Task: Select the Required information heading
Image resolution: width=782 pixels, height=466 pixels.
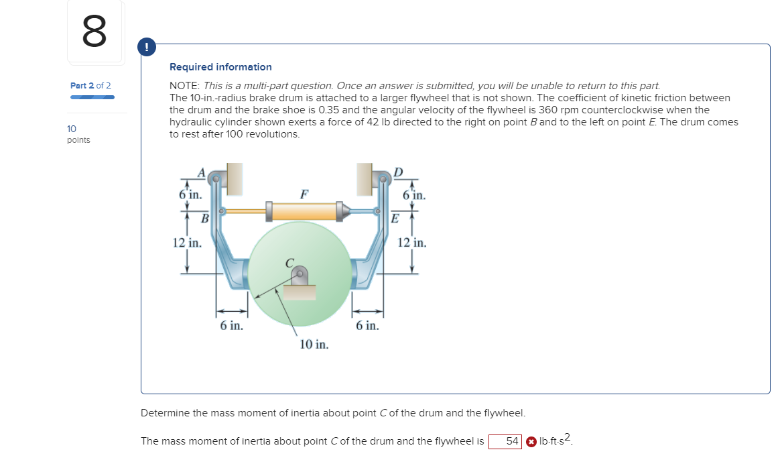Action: (220, 67)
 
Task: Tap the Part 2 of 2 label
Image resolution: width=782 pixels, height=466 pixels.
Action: (90, 86)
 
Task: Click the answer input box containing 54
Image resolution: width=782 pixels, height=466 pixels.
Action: (505, 441)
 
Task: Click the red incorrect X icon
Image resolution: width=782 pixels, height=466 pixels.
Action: (531, 441)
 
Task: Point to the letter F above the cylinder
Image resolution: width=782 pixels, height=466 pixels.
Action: (304, 194)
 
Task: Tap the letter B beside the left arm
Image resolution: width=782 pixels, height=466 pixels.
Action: (206, 218)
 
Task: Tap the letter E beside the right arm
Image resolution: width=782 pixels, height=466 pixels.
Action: (395, 218)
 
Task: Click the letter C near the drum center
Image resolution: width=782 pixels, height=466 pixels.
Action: (289, 264)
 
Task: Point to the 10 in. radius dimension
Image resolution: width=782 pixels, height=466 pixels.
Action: (314, 345)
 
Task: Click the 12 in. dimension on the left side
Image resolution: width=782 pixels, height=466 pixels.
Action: (187, 243)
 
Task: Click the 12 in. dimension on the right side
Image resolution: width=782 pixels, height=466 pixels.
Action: (411, 243)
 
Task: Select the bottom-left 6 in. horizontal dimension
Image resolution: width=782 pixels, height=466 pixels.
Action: (232, 326)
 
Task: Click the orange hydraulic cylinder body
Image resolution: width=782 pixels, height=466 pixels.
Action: (304, 211)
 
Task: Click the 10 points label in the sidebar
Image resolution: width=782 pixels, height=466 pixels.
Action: (78, 134)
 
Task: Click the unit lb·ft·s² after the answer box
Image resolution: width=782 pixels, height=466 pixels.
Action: (556, 441)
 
